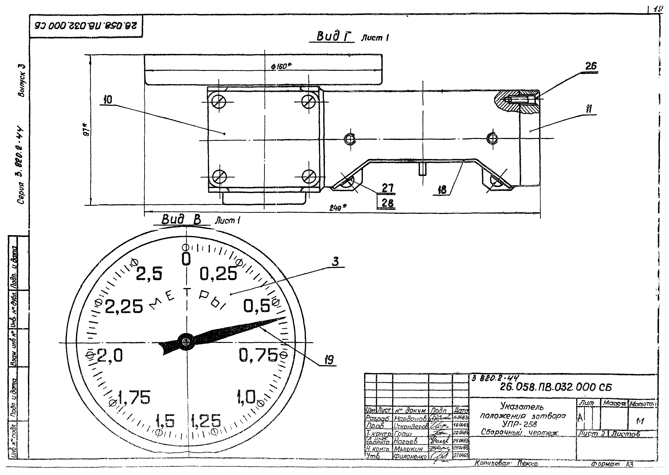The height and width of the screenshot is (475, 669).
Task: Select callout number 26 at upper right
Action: point(591,66)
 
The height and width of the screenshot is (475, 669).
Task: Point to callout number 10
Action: point(108,100)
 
